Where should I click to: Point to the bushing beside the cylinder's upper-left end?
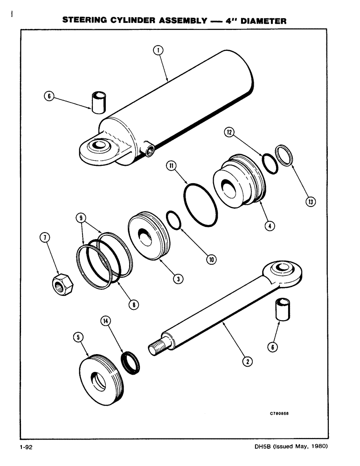98,102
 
